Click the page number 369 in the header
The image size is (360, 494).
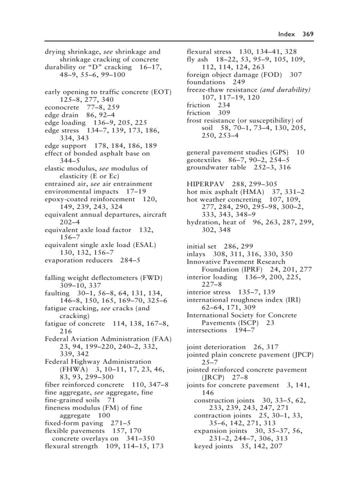[308, 34]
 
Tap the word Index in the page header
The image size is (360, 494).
[286, 34]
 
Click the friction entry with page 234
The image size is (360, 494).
[198, 105]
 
